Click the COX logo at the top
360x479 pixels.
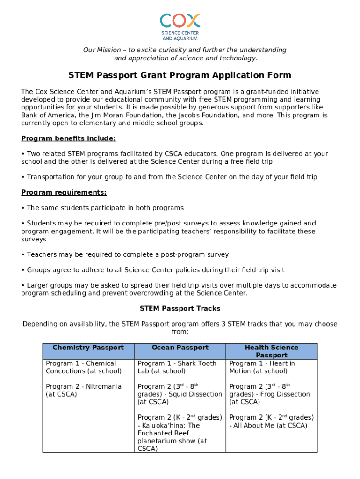point(180,26)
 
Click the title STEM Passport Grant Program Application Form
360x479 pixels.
point(180,75)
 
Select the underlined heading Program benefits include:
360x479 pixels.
point(69,138)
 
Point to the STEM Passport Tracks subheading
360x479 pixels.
point(180,309)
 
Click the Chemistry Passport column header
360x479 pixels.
point(88,348)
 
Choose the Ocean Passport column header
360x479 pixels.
point(180,348)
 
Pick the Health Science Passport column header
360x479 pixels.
point(271,351)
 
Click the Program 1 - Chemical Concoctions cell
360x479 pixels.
point(84,367)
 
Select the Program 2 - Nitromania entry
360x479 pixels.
point(77,390)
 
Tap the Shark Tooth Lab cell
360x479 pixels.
point(177,367)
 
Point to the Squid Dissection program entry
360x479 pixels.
point(180,394)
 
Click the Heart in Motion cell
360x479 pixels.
point(262,367)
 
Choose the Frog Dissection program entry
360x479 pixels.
point(269,394)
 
